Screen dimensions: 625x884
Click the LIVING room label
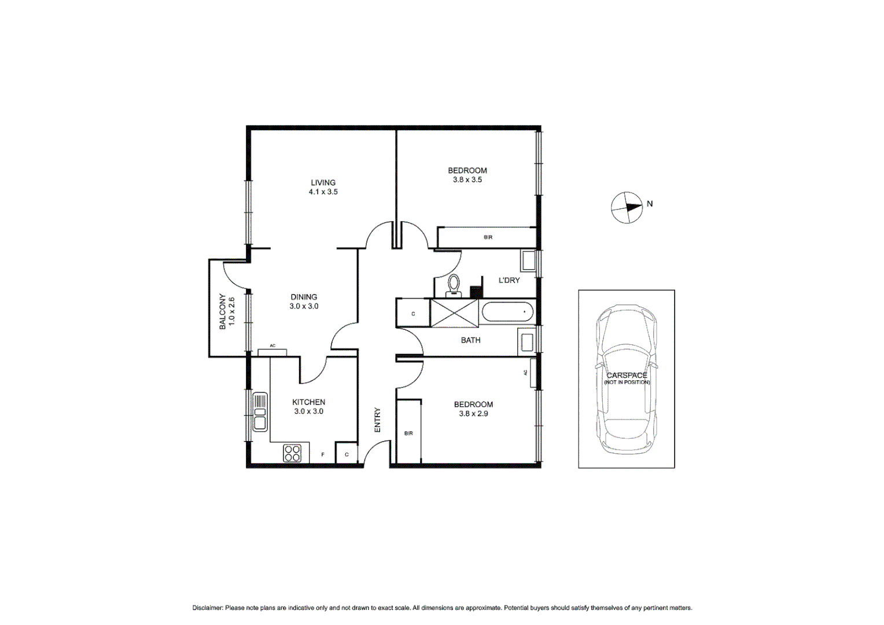[323, 182]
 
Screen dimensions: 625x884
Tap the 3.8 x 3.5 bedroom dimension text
[467, 180]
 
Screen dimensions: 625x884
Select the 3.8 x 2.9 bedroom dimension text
[473, 414]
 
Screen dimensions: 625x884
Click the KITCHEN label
[308, 402]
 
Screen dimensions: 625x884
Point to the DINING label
[304, 297]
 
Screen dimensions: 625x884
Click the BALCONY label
[223, 312]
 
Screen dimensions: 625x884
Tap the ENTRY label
[377, 420]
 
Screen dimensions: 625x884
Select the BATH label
[470, 340]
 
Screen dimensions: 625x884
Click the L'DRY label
[509, 280]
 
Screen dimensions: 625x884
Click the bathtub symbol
[507, 312]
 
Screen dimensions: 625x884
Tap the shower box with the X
[455, 313]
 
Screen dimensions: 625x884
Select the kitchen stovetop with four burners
[292, 453]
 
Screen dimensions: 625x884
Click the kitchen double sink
[260, 411]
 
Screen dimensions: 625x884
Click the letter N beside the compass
[650, 204]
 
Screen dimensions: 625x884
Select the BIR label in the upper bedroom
[488, 237]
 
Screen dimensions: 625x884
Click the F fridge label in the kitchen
[323, 455]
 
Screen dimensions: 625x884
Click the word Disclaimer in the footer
[207, 608]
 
